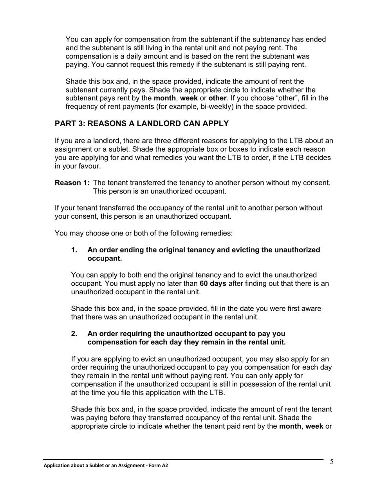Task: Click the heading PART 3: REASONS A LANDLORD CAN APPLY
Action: [x=141, y=124]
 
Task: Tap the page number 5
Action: [x=332, y=462]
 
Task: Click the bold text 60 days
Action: [x=213, y=284]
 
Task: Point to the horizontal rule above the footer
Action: [x=183, y=459]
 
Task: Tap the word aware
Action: [x=311, y=309]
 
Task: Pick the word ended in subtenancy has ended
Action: [x=316, y=40]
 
